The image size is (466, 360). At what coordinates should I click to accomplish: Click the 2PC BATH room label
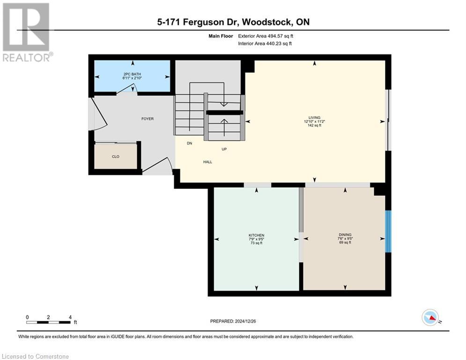[132, 74]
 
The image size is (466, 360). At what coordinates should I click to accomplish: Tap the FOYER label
[148, 119]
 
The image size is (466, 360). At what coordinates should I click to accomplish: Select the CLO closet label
[115, 157]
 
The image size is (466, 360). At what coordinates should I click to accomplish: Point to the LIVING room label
[314, 117]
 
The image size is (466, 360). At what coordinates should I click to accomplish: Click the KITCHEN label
[256, 235]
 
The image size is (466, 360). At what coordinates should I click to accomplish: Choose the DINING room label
[345, 235]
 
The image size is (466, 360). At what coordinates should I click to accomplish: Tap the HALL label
[207, 162]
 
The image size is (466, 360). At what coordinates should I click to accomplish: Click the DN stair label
[189, 143]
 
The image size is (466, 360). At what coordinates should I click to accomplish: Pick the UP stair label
[224, 150]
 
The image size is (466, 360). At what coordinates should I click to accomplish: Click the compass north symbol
[430, 317]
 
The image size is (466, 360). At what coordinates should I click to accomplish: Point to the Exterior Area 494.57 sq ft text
[266, 36]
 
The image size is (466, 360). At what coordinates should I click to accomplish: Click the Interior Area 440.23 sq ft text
[265, 44]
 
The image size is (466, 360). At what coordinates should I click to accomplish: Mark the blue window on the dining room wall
[388, 232]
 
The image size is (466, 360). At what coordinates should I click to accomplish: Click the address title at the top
[233, 22]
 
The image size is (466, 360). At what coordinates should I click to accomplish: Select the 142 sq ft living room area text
[314, 126]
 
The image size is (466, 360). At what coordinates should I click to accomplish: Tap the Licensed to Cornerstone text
[36, 356]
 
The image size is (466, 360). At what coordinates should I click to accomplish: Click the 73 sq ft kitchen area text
[256, 243]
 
